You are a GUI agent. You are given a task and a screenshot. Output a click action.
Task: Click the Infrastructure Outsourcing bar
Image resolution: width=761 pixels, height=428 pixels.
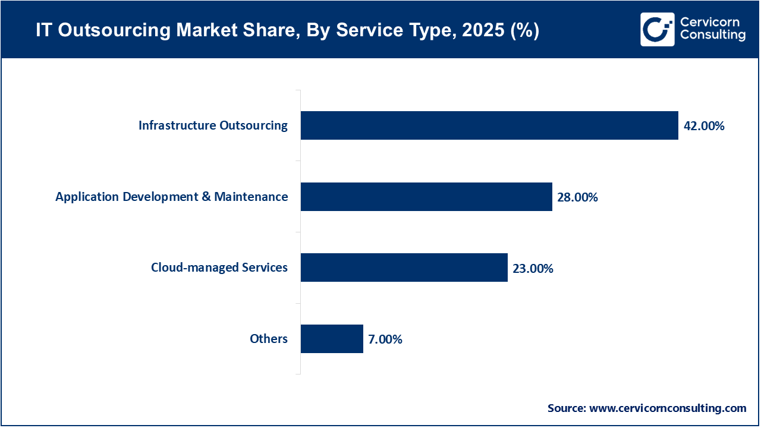[489, 125]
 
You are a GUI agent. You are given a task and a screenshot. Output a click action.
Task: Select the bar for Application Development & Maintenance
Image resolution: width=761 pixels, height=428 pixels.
[426, 197]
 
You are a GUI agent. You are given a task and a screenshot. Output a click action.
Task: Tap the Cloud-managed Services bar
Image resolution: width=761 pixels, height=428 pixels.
[404, 267]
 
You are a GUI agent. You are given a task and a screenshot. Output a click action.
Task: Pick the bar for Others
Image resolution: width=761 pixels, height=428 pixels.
[332, 339]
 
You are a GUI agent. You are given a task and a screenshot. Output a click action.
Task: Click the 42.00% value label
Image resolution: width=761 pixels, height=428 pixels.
[704, 126]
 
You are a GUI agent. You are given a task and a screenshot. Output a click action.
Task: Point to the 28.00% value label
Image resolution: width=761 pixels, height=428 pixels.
[577, 197]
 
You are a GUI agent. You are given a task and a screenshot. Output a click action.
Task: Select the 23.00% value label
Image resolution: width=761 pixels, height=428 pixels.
[533, 269]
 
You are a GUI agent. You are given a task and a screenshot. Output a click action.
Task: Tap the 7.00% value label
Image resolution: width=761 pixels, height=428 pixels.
[385, 339]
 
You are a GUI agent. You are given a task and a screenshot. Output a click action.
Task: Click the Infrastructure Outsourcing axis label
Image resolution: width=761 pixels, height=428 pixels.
[213, 125]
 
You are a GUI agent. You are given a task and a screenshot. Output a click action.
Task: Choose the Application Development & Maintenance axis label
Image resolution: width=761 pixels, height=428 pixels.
[172, 197]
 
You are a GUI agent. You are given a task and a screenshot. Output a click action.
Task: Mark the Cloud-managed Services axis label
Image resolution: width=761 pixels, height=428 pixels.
[219, 267]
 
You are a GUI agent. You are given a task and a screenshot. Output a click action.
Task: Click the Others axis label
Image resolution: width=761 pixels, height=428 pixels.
[269, 339]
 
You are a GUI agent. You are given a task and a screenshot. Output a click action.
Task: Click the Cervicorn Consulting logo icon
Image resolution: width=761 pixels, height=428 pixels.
[658, 29]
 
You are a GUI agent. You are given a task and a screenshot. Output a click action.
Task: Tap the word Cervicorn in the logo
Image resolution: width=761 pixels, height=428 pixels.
[709, 22]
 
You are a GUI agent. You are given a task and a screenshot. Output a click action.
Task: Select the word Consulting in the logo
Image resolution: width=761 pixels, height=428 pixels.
[712, 36]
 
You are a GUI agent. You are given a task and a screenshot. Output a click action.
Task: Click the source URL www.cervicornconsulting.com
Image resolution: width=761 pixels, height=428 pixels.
[668, 408]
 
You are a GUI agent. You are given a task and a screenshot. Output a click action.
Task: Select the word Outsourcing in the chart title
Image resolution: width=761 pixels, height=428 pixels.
[110, 30]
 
